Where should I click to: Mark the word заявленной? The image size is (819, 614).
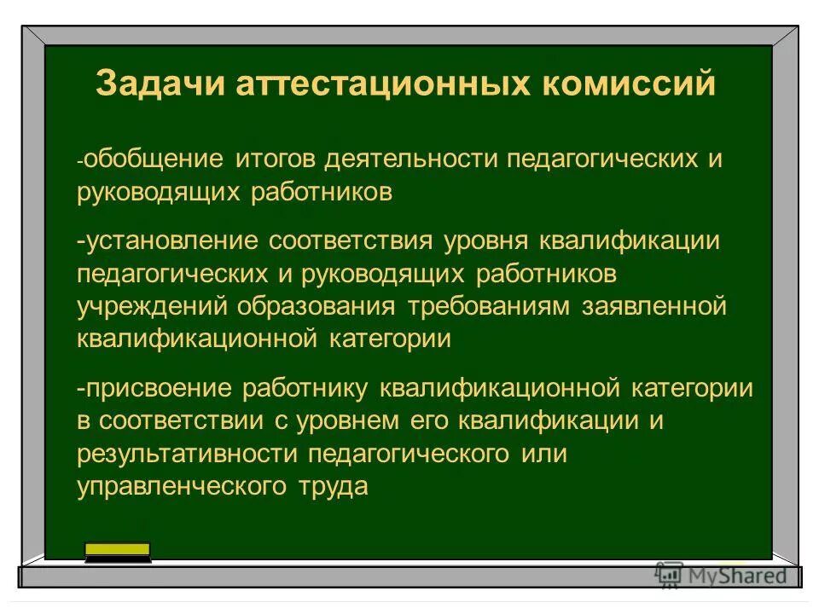655,306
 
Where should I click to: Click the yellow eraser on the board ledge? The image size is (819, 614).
118,551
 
